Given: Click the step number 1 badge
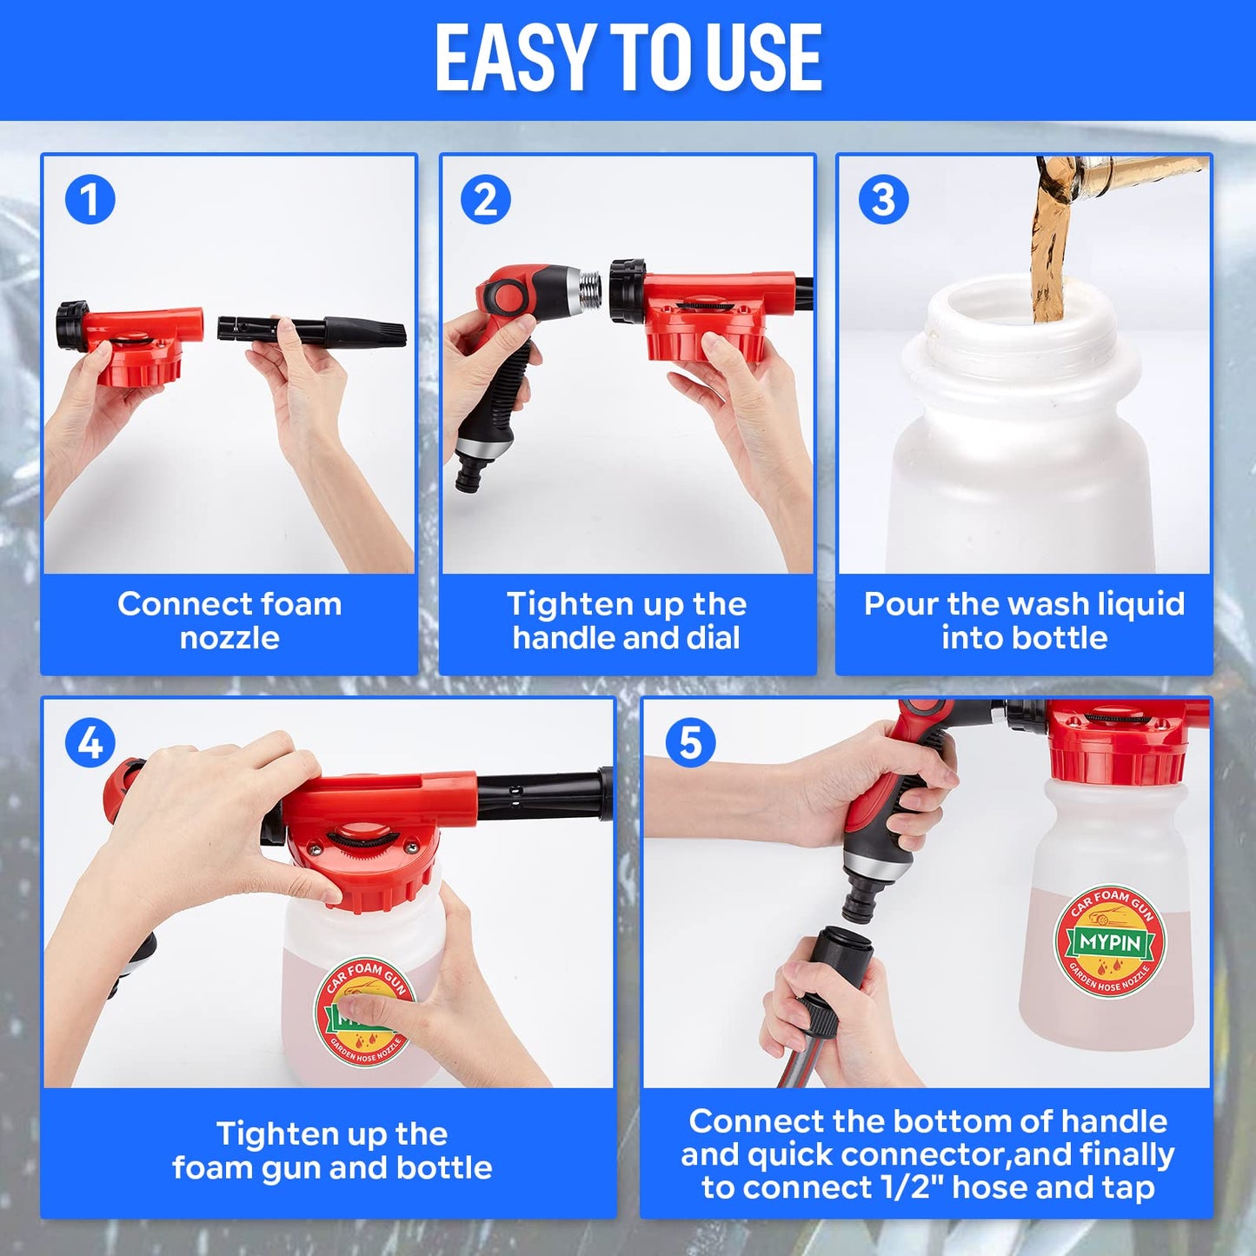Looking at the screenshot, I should click(x=90, y=200).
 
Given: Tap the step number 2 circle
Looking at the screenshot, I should click(x=486, y=200).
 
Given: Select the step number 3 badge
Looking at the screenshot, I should click(x=883, y=200).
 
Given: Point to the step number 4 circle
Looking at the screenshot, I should click(x=90, y=743).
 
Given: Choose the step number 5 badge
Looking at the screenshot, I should click(x=690, y=743).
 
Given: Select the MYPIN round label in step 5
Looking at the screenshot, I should click(x=1110, y=942).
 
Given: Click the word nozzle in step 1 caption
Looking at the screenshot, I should click(x=229, y=638).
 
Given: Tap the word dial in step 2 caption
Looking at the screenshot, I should click(x=713, y=638).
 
